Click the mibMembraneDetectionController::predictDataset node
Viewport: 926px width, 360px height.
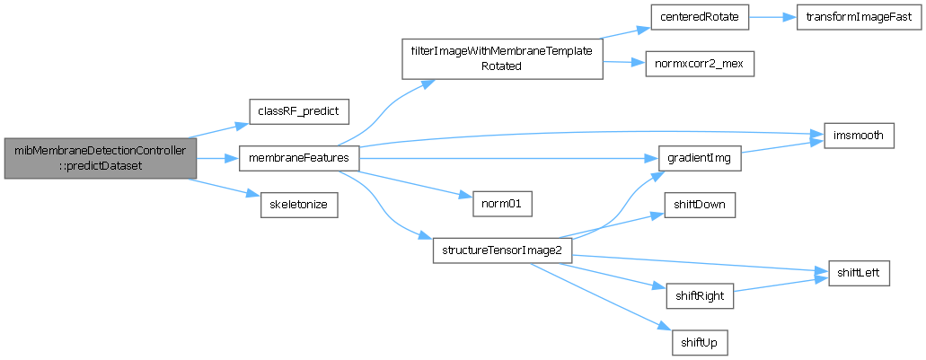click(x=100, y=158)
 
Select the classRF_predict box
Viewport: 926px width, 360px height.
click(x=297, y=110)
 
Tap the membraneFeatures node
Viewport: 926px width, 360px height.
click(x=299, y=158)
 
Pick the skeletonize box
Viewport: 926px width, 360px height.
click(x=298, y=205)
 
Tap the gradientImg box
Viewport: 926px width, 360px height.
click(x=700, y=158)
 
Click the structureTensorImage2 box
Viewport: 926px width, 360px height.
click(x=501, y=250)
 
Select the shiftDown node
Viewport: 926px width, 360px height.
click(x=700, y=205)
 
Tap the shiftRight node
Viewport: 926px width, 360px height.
click(x=701, y=294)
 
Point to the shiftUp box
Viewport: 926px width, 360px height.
click(x=700, y=342)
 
